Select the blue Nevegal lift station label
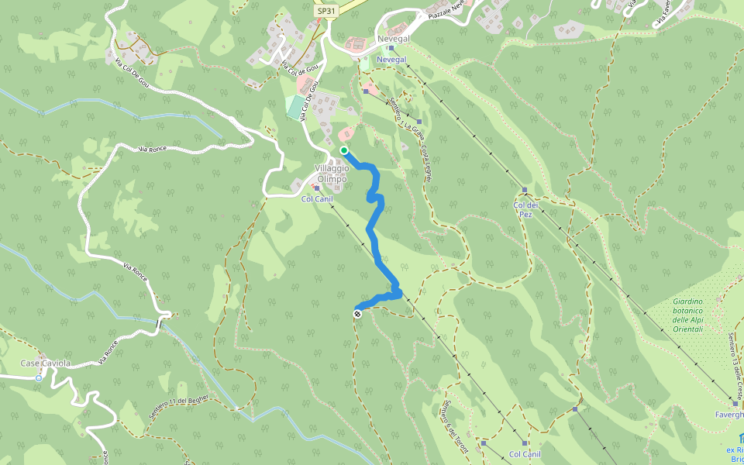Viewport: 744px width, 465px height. [x=391, y=59]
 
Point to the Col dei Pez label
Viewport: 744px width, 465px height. [x=525, y=209]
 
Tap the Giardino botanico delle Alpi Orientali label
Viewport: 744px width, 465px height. [x=687, y=315]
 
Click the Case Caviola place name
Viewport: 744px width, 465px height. [x=44, y=363]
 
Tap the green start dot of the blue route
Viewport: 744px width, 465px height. [x=343, y=150]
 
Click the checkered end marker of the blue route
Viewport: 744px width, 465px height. [x=357, y=314]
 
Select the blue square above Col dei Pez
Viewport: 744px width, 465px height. [x=525, y=190]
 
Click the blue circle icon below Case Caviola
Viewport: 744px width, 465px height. [x=39, y=378]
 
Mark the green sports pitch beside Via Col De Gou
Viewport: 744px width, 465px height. [x=294, y=107]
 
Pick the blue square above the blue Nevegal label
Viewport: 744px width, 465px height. [x=391, y=48]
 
